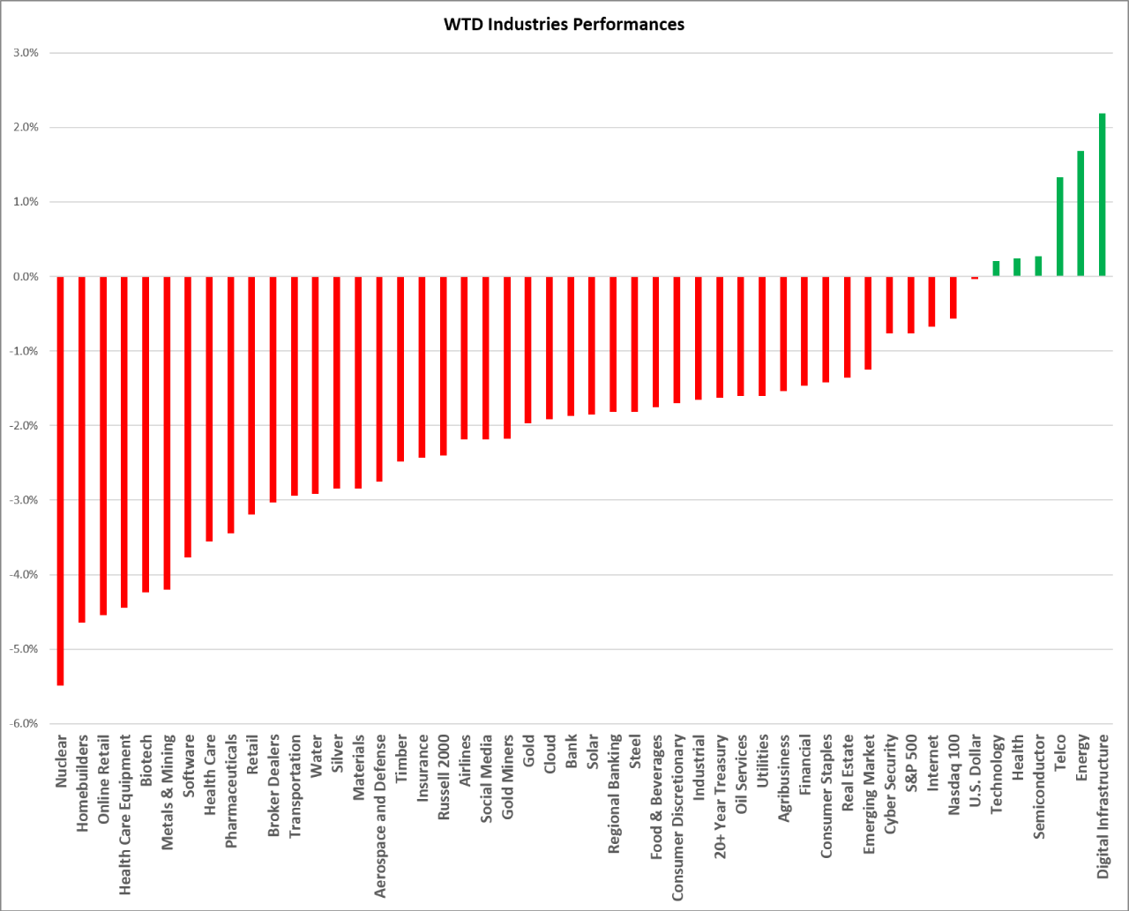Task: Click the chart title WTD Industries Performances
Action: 564,25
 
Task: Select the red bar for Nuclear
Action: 61,481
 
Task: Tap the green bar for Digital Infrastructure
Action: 1102,195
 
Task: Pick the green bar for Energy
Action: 1080,213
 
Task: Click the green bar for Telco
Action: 1059,227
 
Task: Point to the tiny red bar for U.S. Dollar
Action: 975,278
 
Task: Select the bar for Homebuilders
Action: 82,450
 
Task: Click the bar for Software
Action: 188,416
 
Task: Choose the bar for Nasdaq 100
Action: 953,297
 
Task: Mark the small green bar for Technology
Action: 996,269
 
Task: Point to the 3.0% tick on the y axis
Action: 26,52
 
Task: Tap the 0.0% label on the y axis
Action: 26,276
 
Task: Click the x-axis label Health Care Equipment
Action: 124,815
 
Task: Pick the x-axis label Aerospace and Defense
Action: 379,816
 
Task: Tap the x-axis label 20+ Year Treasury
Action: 719,796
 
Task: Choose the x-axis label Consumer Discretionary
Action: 677,818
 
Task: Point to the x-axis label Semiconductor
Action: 1038,787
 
